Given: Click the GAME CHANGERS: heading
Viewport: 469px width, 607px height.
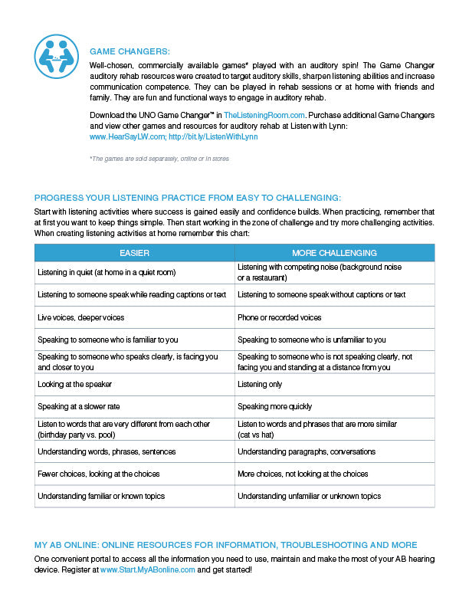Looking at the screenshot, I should tap(130, 51).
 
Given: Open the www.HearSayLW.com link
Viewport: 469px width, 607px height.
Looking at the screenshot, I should tap(126, 136).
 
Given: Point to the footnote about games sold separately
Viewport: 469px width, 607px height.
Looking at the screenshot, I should tap(159, 159).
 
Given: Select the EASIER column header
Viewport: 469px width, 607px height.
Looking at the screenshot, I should tap(134, 253).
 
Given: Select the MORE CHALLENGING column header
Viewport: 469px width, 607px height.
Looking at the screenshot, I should tap(334, 253).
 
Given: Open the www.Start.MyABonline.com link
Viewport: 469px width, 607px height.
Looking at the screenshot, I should tap(148, 570).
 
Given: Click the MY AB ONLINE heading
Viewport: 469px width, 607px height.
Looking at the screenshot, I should tap(226, 545).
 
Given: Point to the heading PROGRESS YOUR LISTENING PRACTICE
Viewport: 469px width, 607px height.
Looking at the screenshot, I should tap(188, 197).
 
